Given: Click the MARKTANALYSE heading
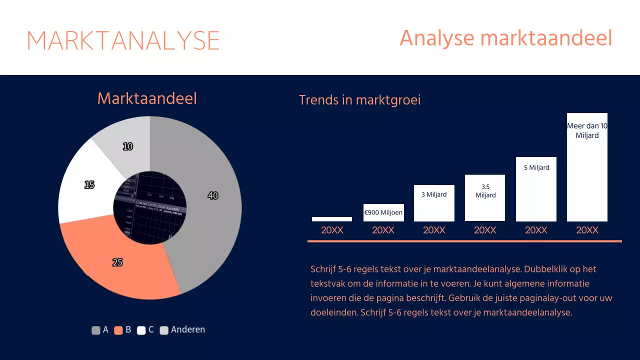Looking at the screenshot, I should [123, 40].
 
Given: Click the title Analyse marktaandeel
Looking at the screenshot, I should [505, 38].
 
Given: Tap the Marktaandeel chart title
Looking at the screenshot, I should [147, 98].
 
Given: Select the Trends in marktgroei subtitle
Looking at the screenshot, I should [359, 100].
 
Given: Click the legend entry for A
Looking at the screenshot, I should [100, 330].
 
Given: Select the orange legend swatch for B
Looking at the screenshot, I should [118, 330].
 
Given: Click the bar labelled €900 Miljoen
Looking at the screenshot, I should [383, 212].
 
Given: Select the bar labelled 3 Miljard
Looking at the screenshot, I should [434, 203].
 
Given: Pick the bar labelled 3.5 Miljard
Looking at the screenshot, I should [485, 198].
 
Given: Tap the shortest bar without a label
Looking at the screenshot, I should [332, 219].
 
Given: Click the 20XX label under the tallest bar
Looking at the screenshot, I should [587, 230].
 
